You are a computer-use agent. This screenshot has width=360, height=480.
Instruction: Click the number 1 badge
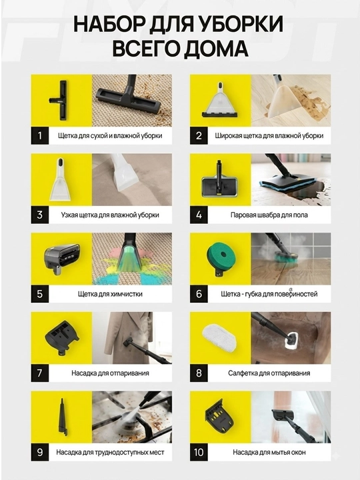coord(40,135)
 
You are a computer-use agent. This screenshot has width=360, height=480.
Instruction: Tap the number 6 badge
coord(199,294)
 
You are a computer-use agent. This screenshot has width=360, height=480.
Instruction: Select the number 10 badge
coord(199,452)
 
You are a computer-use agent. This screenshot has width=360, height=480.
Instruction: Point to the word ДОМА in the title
coord(217,49)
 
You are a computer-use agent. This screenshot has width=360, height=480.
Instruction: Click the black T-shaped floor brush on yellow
coord(61,100)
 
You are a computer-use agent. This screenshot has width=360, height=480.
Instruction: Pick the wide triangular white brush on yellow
coord(220,100)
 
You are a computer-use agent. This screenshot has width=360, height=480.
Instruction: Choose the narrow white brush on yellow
coord(61,180)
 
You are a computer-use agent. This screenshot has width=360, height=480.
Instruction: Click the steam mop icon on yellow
coord(220,180)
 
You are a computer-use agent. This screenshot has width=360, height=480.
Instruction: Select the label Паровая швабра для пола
coord(269,215)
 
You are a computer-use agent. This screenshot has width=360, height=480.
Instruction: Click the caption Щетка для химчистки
coord(110,294)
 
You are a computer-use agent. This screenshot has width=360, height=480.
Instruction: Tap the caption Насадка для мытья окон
coord(269,453)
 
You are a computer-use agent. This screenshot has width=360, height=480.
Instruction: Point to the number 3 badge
coord(40,215)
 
